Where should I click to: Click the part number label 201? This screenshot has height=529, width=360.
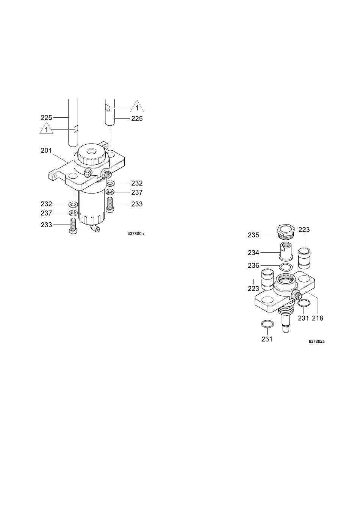46,150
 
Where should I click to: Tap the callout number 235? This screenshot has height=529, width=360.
254,235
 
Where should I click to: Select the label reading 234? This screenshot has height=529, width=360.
254,253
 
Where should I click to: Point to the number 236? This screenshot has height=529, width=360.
254,266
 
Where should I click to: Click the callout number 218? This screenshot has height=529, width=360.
318,318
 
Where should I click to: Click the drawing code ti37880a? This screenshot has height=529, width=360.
136,234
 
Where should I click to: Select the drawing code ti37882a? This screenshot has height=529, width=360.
316,341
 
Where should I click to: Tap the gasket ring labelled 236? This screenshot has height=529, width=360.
286,267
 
